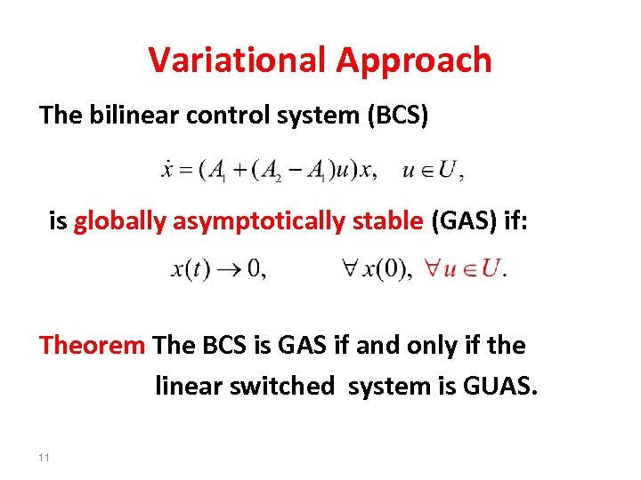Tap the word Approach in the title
pos(414,61)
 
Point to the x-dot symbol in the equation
pos(166,170)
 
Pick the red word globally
pos(119,221)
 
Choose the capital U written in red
pos(488,268)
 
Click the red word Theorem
pos(92,345)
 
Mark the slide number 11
pos(45,457)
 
